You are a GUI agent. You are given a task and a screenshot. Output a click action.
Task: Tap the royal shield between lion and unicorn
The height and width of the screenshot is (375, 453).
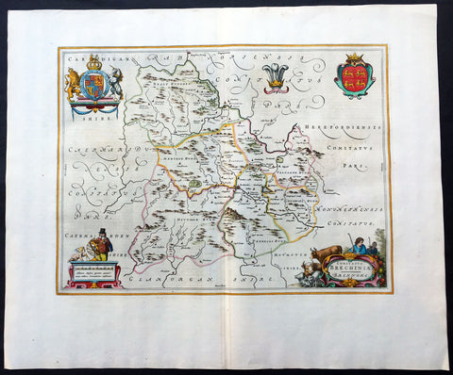pos(92,85)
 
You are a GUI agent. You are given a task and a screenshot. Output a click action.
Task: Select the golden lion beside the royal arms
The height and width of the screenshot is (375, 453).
pos(73,85)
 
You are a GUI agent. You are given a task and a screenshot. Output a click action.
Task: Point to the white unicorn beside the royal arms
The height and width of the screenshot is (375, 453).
pos(113,83)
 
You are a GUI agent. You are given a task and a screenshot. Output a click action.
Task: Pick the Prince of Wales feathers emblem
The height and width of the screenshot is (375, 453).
pos(276,75)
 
